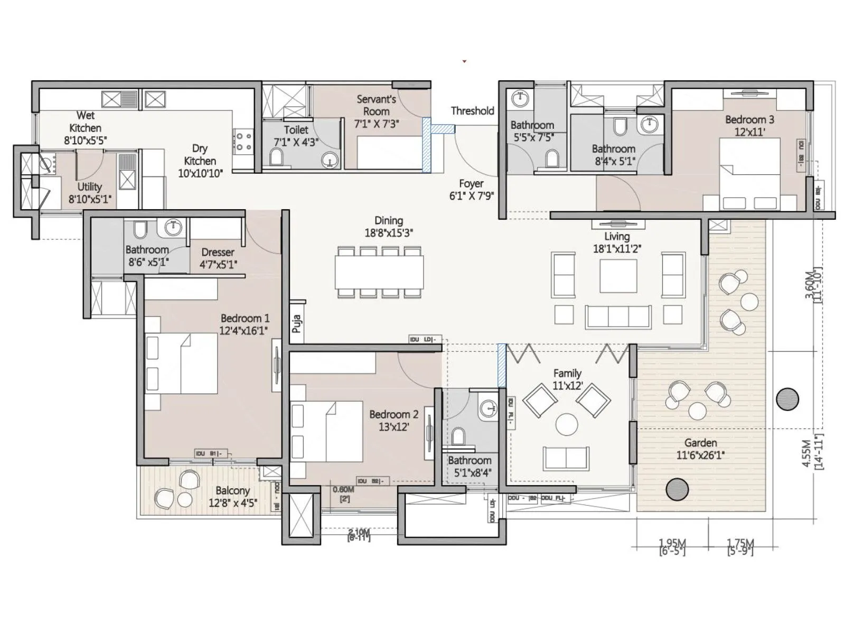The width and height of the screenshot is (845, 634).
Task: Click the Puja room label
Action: click(x=297, y=323)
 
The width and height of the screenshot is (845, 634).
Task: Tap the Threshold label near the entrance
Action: click(x=472, y=111)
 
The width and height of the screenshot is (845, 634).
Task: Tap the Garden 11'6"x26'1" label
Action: click(x=700, y=449)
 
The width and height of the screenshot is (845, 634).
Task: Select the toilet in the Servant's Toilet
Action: click(x=276, y=157)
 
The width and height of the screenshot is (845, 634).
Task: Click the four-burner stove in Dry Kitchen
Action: click(x=243, y=141)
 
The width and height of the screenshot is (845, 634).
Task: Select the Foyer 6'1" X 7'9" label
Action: click(x=471, y=190)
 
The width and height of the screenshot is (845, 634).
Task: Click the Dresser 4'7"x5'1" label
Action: click(x=218, y=258)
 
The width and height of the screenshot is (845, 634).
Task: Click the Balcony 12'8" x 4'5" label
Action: click(x=232, y=497)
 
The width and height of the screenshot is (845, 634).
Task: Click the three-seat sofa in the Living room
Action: click(x=617, y=316)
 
